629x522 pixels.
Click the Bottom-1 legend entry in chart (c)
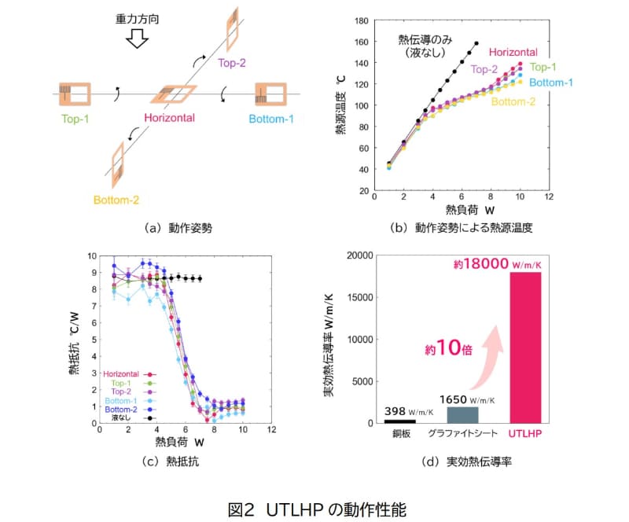[127, 399]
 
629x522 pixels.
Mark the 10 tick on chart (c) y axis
[92, 255]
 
